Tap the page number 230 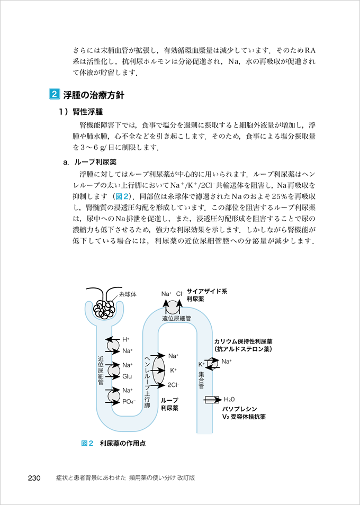pyautogui.click(x=34, y=477)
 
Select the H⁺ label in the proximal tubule pyautogui.click(x=126, y=339)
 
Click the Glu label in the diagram pyautogui.click(x=127, y=376)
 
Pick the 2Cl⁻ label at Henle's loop pyautogui.click(x=174, y=384)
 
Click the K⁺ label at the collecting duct pyautogui.click(x=202, y=365)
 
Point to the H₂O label pyautogui.click(x=230, y=400)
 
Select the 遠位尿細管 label pyautogui.click(x=176, y=319)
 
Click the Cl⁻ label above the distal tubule pyautogui.click(x=180, y=294)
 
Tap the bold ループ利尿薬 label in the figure pyautogui.click(x=170, y=404)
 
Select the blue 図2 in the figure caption pyautogui.click(x=87, y=444)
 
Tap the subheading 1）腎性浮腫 pyautogui.click(x=80, y=112)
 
